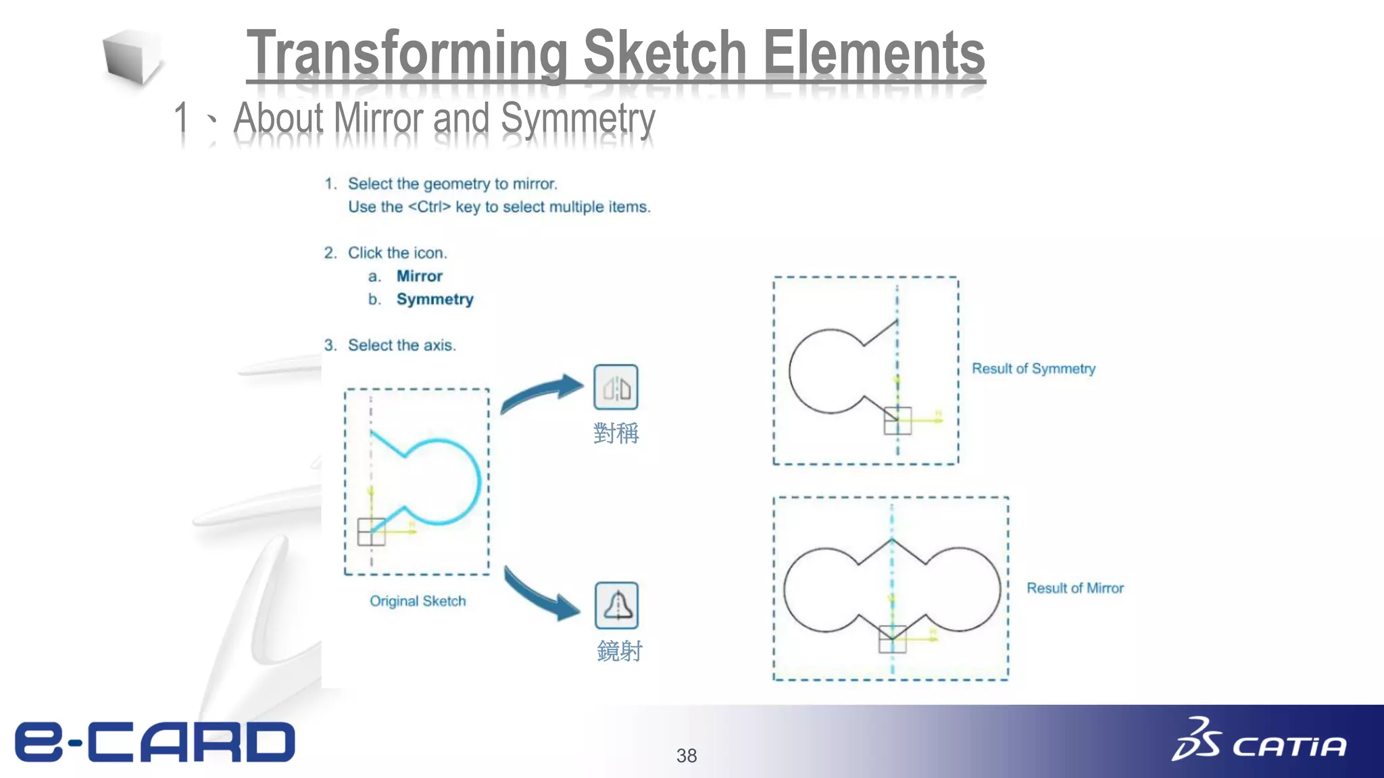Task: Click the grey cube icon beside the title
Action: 132,58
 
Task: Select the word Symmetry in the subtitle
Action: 578,119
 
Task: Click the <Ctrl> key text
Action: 429,207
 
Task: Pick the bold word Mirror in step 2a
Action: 419,276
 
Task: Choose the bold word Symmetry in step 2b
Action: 435,299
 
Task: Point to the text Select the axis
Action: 401,345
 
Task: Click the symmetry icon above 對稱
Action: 616,387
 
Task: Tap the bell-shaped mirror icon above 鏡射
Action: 616,605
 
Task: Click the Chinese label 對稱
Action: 616,433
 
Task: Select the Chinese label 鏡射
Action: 619,651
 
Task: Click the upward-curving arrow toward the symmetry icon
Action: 541,393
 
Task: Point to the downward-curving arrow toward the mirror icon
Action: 541,594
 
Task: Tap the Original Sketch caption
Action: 418,601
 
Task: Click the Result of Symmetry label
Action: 1033,369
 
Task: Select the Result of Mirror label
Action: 1075,588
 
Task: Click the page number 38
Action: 687,756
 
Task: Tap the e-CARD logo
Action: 155,742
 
